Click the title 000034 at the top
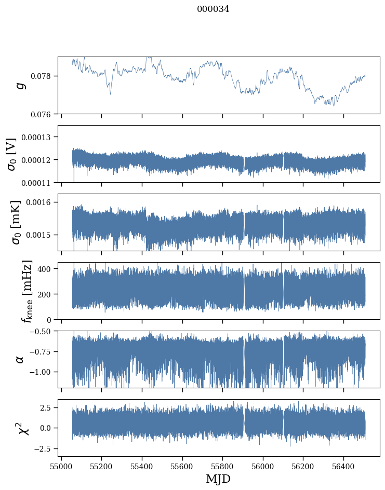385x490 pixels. (213, 9)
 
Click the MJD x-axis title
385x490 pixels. (218, 479)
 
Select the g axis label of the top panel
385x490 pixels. (21, 85)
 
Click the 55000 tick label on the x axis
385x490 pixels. (61, 465)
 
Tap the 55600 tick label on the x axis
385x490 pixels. (182, 465)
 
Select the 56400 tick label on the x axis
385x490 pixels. (343, 465)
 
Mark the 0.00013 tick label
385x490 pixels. (39, 137)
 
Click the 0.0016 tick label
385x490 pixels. (42, 202)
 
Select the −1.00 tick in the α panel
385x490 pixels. (42, 372)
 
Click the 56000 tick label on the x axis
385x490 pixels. (263, 465)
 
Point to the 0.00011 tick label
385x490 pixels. (39, 182)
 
